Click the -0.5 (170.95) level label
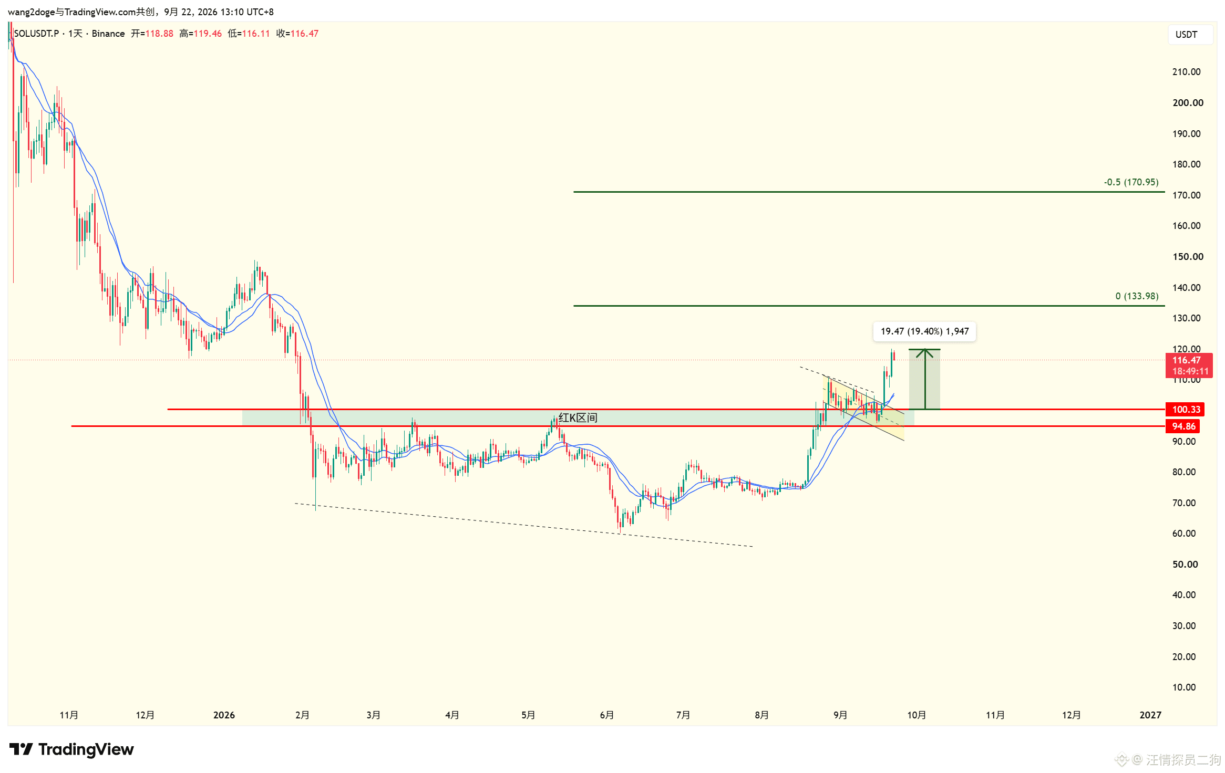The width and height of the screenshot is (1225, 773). click(1130, 182)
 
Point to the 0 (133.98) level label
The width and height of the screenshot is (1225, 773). click(1137, 296)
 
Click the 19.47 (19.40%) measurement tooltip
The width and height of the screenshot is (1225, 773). click(924, 331)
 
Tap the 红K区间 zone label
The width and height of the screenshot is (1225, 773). click(578, 417)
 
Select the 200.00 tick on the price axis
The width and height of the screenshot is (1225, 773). click(1188, 103)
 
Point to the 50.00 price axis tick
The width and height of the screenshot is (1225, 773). click(1185, 565)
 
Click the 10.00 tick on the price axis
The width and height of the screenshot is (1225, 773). click(1184, 687)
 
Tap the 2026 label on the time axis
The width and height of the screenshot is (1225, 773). click(224, 715)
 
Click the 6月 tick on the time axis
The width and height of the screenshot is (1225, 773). click(606, 715)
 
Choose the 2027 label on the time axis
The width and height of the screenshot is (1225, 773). click(1150, 715)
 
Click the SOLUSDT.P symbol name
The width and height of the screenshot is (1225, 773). click(36, 34)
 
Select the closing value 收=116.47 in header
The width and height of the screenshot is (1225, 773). click(297, 34)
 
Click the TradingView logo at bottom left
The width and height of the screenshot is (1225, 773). click(71, 749)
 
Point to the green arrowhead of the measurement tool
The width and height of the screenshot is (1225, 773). click(924, 353)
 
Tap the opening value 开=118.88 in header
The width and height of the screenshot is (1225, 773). click(152, 34)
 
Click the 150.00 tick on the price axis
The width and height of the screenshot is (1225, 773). click(1188, 257)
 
